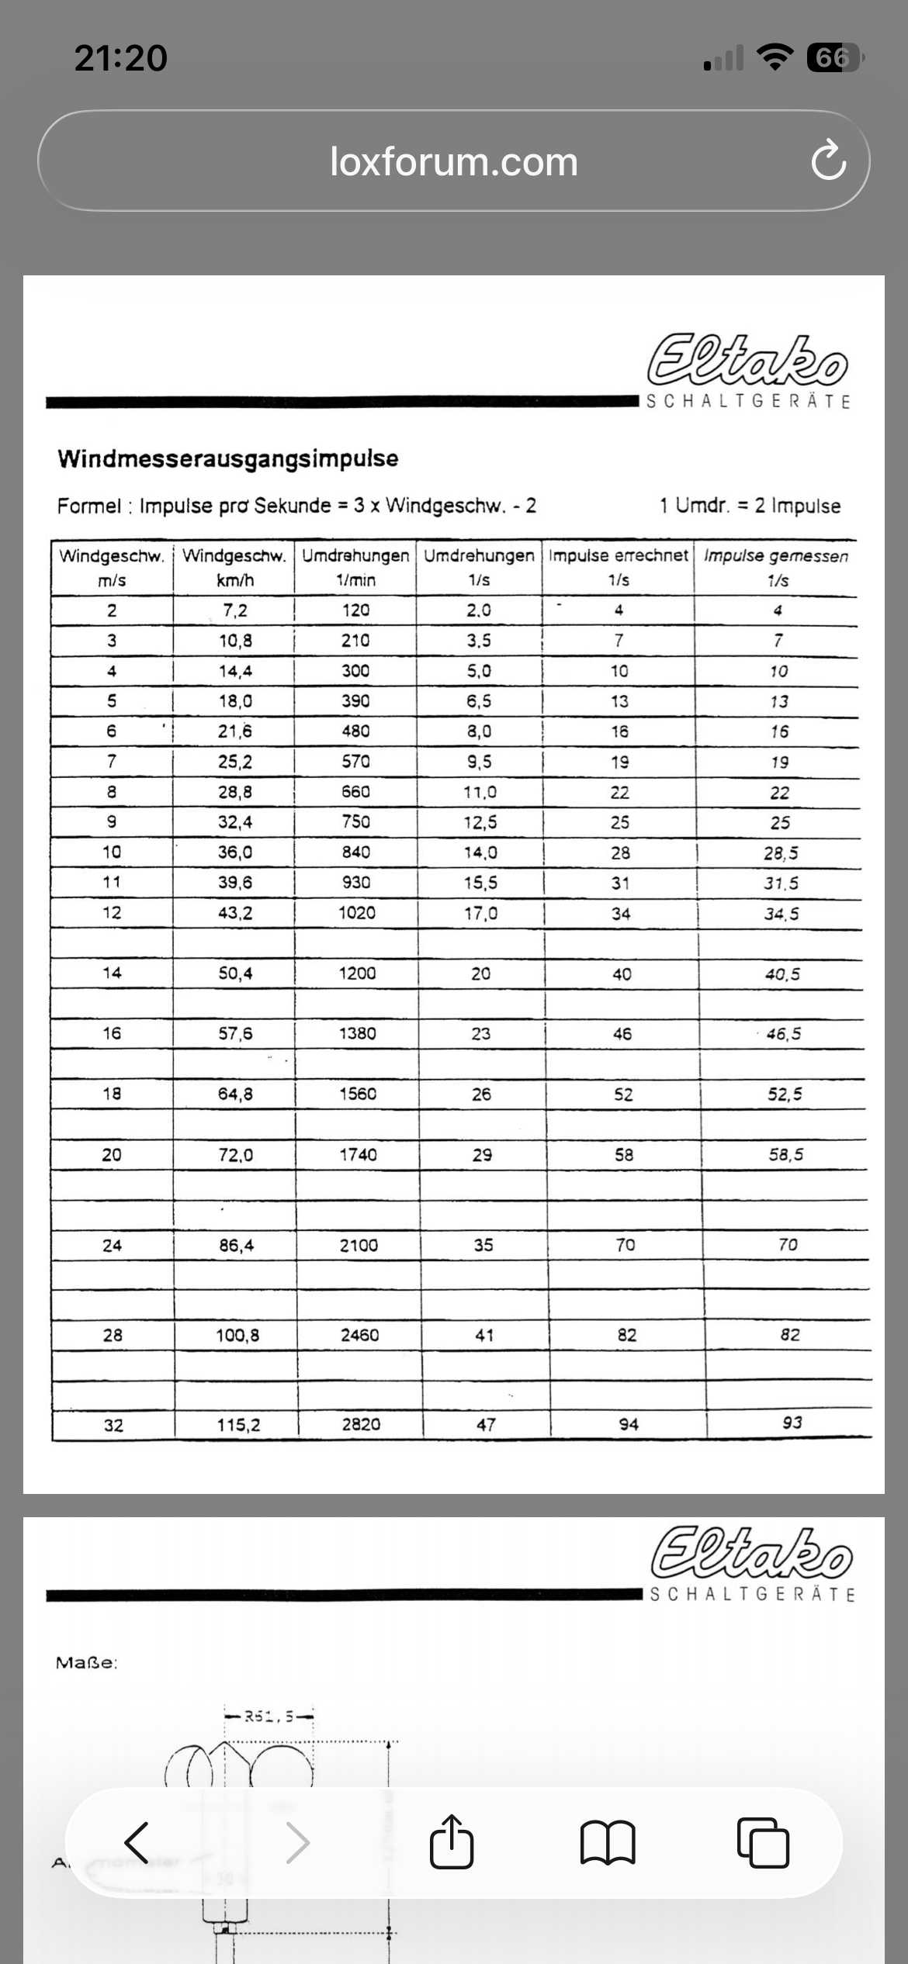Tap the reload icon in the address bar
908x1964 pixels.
click(x=828, y=161)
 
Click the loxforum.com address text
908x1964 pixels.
click(x=454, y=161)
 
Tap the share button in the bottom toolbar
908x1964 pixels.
click(x=452, y=1842)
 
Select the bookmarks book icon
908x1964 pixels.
click(x=608, y=1842)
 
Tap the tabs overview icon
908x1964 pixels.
click(x=763, y=1842)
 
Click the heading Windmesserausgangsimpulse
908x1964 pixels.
click(x=228, y=458)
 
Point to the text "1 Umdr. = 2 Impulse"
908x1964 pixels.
click(x=750, y=506)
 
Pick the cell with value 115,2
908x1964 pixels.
click(x=238, y=1425)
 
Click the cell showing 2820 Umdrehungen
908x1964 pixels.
click(x=361, y=1425)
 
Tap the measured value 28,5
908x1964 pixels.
click(x=781, y=853)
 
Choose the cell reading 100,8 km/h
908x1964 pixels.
click(x=237, y=1335)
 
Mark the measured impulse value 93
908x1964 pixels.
click(x=792, y=1423)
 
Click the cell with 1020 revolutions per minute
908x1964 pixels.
click(x=357, y=913)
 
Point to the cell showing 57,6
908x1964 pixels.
click(x=235, y=1033)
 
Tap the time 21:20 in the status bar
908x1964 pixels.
click(x=121, y=58)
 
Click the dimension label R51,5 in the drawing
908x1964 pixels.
click(x=269, y=1716)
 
